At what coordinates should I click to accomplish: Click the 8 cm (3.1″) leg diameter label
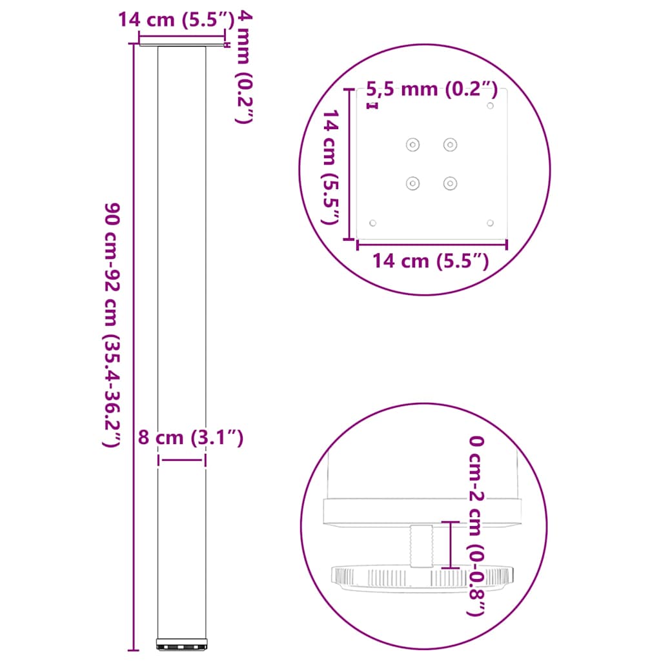[190, 438]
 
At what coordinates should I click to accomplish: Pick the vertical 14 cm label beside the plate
[330, 166]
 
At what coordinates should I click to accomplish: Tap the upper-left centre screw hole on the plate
[412, 145]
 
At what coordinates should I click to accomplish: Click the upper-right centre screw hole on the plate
[450, 145]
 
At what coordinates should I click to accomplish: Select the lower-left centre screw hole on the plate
[412, 183]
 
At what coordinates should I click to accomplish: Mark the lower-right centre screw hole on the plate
[450, 183]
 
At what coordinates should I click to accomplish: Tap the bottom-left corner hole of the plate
[372, 223]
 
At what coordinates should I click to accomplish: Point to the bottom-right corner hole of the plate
[490, 223]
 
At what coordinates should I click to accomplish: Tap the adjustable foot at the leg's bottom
[182, 644]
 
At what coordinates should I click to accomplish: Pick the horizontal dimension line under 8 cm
[182, 460]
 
